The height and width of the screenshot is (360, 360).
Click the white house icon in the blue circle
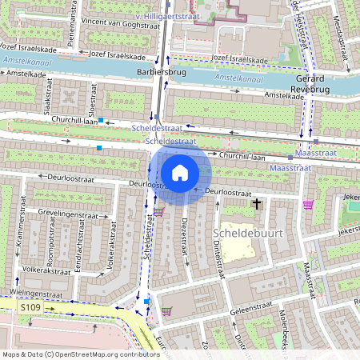tap(180, 172)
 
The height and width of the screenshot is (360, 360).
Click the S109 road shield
tap(30, 306)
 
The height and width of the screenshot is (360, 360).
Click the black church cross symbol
tap(257, 204)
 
